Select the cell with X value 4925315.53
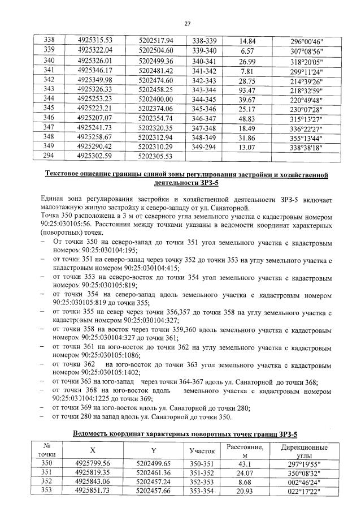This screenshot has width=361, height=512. click(95, 40)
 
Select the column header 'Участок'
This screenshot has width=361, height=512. click(203, 451)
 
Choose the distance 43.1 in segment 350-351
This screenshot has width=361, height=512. click(245, 463)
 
